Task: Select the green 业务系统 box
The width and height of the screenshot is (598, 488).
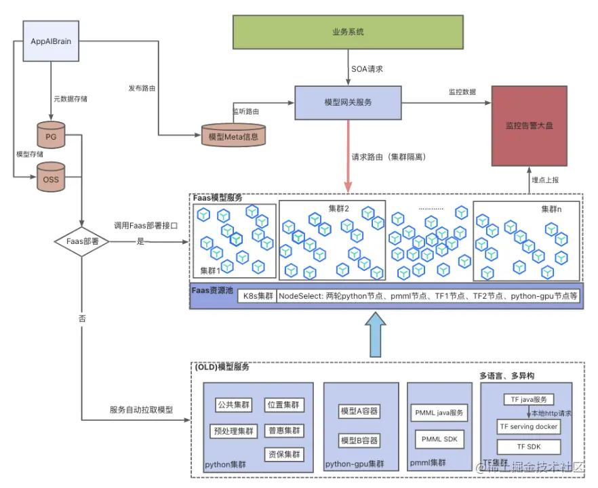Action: coord(349,32)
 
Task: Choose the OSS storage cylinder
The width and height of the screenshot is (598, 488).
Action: coord(51,178)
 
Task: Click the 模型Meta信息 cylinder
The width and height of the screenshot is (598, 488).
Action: coord(235,136)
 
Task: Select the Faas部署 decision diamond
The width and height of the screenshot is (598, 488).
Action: coord(81,240)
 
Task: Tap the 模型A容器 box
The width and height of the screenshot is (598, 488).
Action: coord(359,411)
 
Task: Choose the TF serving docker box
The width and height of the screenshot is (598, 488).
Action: coord(529,426)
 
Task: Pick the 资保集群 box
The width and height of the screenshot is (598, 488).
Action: coord(284,454)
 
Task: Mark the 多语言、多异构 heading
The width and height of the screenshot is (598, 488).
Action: coord(507,375)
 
